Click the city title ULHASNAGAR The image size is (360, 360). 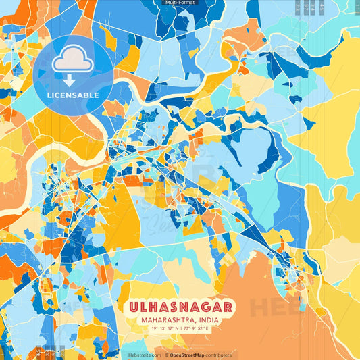[x=180, y=307]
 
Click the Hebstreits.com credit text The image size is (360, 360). [x=143, y=355]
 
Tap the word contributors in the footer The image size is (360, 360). [x=220, y=355]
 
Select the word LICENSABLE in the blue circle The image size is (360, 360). [x=73, y=95]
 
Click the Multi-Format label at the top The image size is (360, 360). [x=179, y=3]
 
